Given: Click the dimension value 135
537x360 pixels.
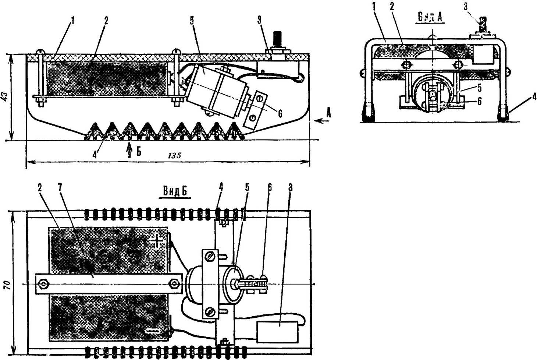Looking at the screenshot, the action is pos(174,155).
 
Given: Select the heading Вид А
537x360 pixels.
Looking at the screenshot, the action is pos(430,17).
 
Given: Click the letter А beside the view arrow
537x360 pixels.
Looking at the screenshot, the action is pos(329,113).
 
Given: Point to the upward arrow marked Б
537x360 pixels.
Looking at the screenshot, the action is pos(129,150).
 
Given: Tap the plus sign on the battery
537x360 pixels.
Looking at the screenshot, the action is pos(157,241).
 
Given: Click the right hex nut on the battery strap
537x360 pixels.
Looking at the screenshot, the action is pos(173,284).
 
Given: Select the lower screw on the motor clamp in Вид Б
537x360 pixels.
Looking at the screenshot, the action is pos(208,312).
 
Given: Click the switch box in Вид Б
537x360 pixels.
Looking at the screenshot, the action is pos(277,332).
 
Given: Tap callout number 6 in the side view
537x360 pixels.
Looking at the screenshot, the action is pos(280,113).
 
